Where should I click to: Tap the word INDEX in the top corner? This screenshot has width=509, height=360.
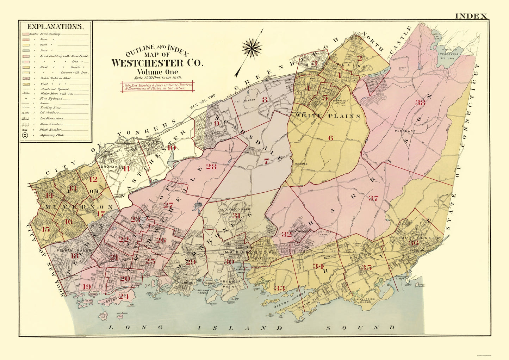point(471,16)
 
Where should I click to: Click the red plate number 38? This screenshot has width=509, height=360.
point(420,103)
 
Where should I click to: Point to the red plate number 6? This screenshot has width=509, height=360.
point(330,138)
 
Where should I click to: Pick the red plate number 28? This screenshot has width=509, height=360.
point(211,167)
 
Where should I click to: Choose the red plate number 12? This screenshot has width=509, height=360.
point(93,179)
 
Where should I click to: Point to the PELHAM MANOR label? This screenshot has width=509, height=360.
point(69,250)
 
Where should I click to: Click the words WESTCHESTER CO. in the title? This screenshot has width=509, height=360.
point(157,63)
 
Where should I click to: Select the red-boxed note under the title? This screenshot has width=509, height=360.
point(157,87)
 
